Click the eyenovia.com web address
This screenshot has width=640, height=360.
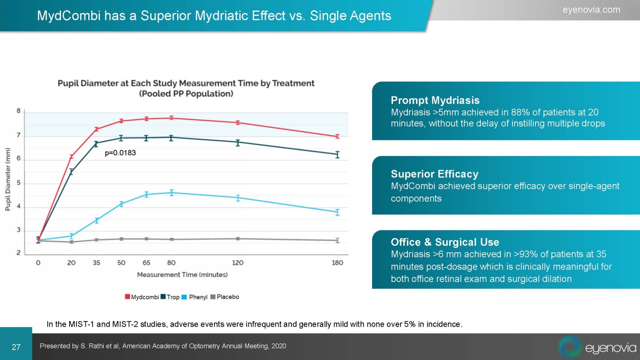tap(591, 10)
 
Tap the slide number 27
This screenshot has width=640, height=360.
tap(16, 347)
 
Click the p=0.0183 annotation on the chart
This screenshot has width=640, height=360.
tap(120, 153)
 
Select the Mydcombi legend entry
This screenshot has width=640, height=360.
tap(142, 297)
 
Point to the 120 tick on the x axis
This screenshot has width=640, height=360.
tap(238, 263)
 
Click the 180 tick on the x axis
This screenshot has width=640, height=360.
tap(337, 263)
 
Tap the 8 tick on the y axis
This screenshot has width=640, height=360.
tap(19, 111)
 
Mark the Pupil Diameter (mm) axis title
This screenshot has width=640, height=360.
tap(8, 179)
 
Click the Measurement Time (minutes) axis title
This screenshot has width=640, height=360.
tap(182, 275)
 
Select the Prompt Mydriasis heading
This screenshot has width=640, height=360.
tap(435, 100)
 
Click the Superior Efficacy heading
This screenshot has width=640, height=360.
tap(434, 174)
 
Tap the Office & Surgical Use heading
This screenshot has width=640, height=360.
tap(445, 242)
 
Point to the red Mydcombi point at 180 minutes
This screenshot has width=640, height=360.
tap(337, 136)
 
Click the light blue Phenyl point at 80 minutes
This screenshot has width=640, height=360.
tap(172, 193)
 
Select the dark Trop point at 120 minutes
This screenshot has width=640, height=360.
tap(238, 142)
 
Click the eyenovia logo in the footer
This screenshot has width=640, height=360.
tap(597, 347)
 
